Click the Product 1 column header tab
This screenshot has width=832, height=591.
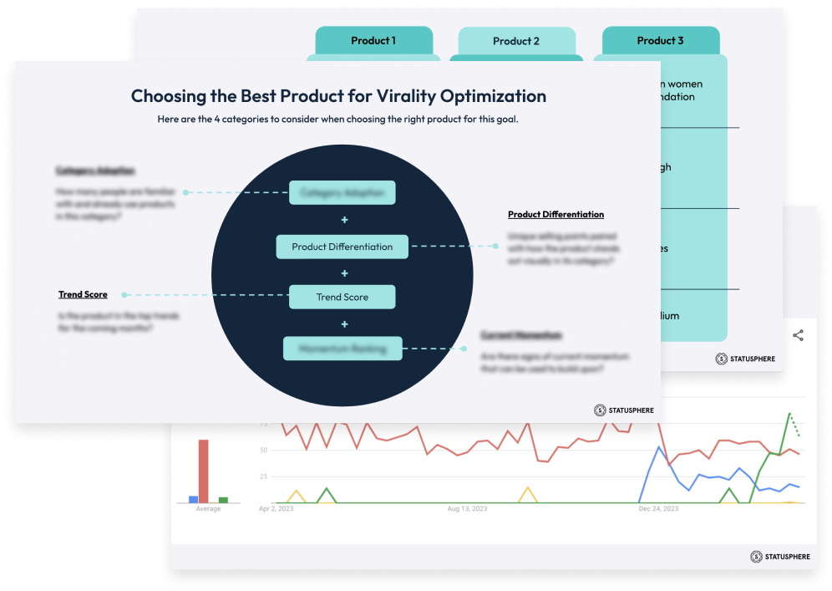click(373, 41)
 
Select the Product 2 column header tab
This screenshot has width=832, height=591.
click(516, 42)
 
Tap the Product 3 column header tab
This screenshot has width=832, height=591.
click(660, 41)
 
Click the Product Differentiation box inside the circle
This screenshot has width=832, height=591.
click(342, 247)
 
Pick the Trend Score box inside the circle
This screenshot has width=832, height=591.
click(342, 297)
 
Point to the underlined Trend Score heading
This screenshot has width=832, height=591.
click(83, 294)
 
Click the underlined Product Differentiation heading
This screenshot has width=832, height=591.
click(556, 215)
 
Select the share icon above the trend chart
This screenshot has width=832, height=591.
click(798, 336)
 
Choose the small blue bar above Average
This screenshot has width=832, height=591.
click(194, 499)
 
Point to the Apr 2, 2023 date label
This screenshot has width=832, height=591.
click(275, 508)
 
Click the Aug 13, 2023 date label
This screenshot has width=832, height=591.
click(468, 508)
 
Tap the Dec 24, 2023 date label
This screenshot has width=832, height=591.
click(657, 508)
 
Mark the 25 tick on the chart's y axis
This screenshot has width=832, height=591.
click(263, 476)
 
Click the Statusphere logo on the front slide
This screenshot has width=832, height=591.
click(624, 410)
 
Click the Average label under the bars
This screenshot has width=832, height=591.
click(208, 509)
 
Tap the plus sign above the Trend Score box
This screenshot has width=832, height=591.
click(344, 273)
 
